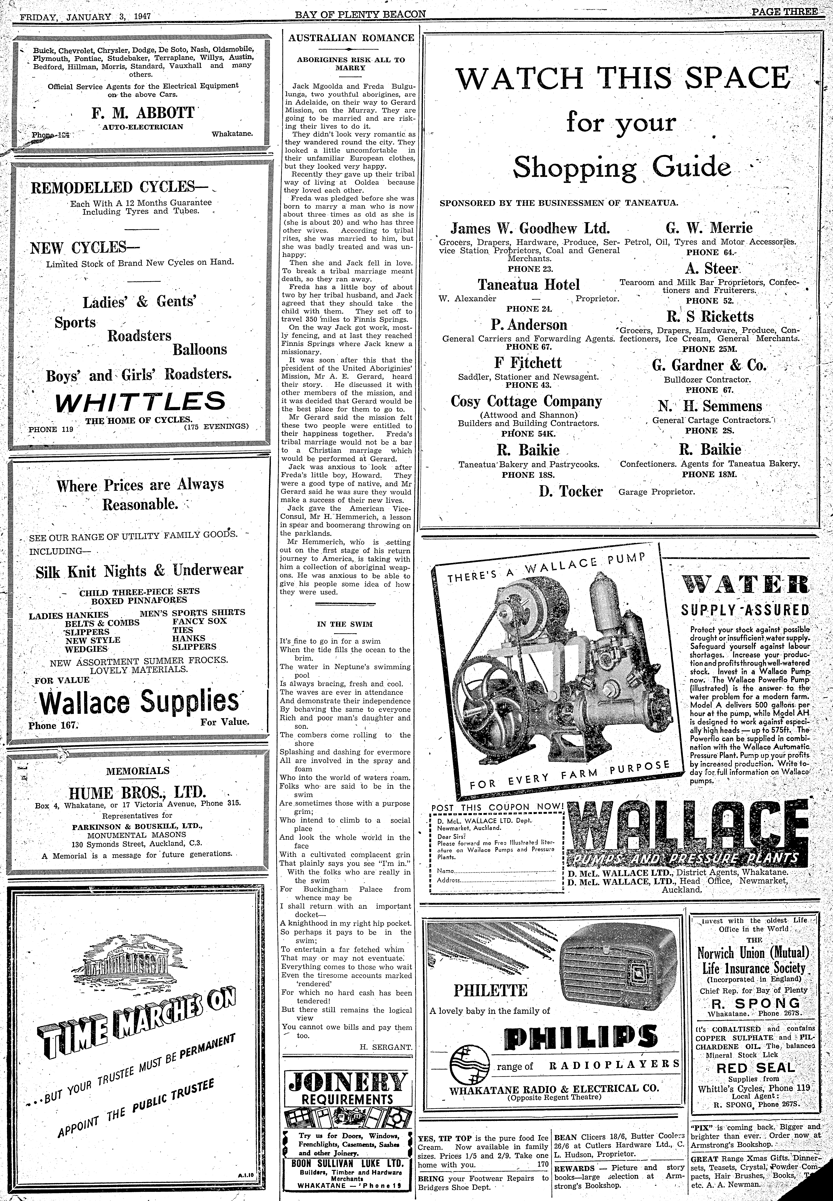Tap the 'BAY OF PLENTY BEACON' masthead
tap(360, 14)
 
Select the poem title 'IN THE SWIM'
tap(345, 624)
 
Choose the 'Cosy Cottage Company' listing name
tap(526, 401)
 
